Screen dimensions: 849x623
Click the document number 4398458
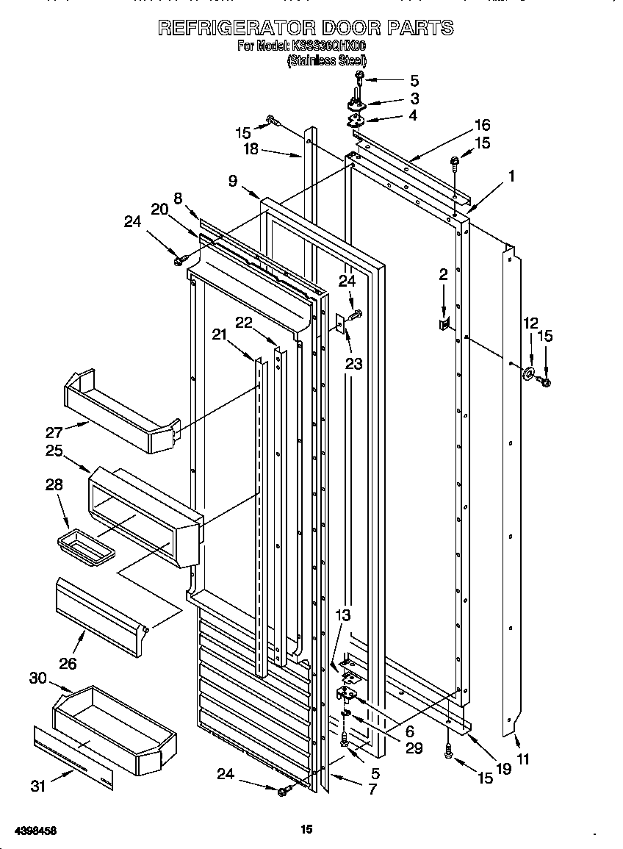tap(30, 831)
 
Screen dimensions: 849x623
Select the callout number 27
tap(54, 432)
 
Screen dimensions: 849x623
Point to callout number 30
tap(38, 678)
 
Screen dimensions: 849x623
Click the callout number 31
tap(38, 787)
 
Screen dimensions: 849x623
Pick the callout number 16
tap(482, 125)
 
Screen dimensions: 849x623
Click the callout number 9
tap(233, 182)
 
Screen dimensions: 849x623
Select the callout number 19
tap(503, 770)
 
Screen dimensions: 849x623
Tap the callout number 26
tap(68, 664)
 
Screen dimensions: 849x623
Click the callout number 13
tap(343, 615)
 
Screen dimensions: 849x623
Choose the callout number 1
tap(511, 176)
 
